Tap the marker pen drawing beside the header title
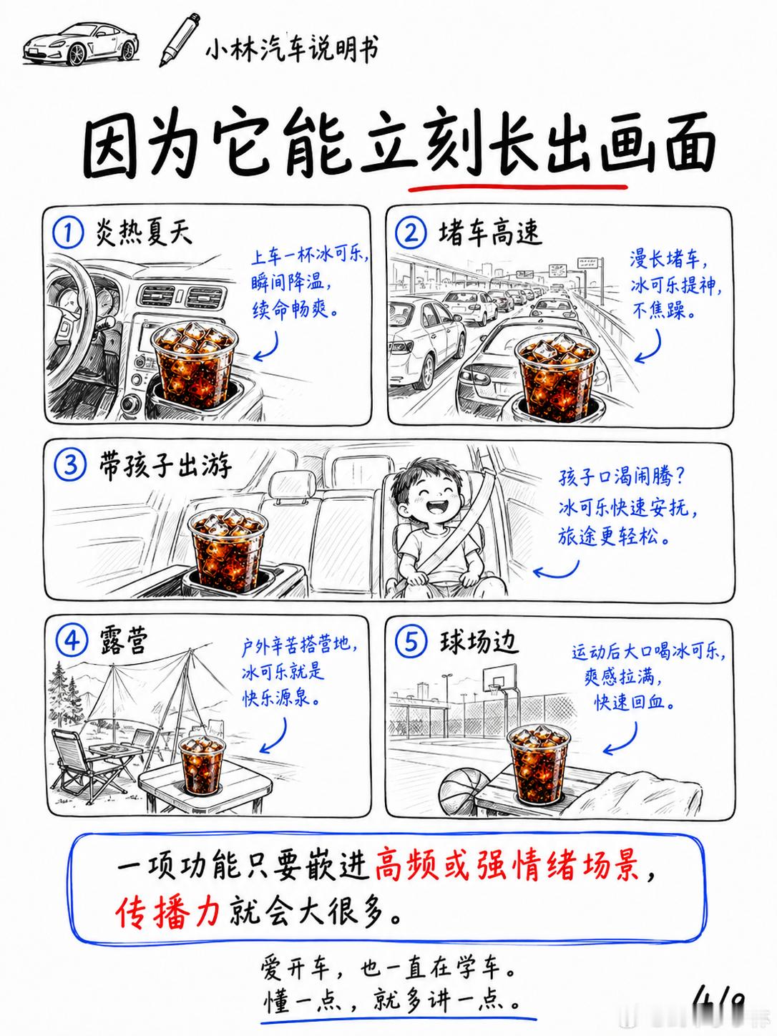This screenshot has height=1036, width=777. pyautogui.click(x=180, y=40)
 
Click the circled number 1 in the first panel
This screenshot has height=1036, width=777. pyautogui.click(x=68, y=233)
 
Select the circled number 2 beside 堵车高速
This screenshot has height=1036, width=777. pyautogui.click(x=411, y=234)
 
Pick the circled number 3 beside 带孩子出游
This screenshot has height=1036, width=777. pyautogui.click(x=70, y=466)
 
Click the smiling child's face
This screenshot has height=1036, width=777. pyautogui.click(x=427, y=490)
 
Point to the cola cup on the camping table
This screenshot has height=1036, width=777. pyautogui.click(x=202, y=766)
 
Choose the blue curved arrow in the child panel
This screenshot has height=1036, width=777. pyautogui.click(x=557, y=570)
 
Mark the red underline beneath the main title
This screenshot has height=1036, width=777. pyautogui.click(x=518, y=188)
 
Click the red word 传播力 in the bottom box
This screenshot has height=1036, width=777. pyautogui.click(x=168, y=913)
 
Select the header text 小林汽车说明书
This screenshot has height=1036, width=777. pyautogui.click(x=293, y=48)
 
